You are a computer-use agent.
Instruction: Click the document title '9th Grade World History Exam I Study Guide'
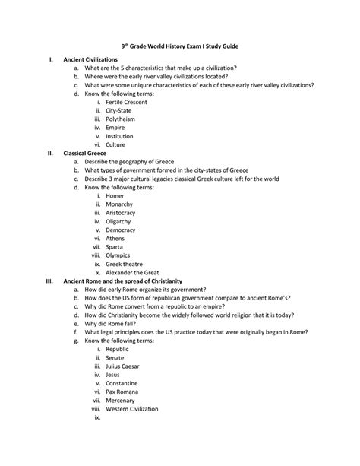[x=180, y=46]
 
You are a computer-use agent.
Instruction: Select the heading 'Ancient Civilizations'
[x=90, y=59]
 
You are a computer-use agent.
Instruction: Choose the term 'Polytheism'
[x=121, y=119]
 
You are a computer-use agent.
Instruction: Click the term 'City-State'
[x=120, y=110]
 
